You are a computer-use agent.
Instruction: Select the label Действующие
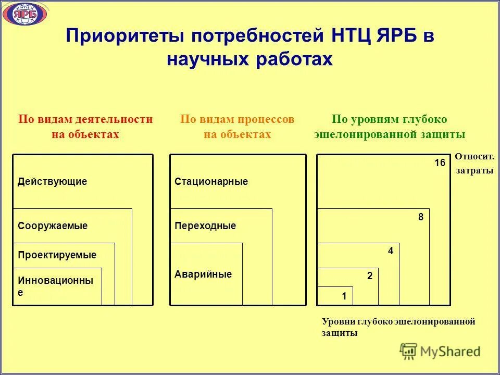click(x=52, y=182)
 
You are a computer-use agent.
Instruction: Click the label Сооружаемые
click(x=53, y=226)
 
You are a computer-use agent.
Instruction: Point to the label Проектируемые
click(x=57, y=255)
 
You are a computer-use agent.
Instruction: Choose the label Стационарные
click(x=211, y=182)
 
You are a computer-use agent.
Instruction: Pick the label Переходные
click(x=205, y=226)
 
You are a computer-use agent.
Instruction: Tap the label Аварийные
click(x=203, y=274)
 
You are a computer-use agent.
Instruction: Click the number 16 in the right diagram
click(x=440, y=163)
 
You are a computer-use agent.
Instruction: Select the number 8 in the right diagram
click(x=421, y=217)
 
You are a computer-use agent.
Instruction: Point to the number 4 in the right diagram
click(x=390, y=251)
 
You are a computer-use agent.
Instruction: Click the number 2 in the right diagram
click(x=370, y=276)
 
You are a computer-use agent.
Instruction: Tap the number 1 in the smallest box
click(x=344, y=296)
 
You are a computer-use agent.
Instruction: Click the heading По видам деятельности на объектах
click(x=85, y=127)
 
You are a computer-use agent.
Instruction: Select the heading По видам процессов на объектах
click(x=237, y=127)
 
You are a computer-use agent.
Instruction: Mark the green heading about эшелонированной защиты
click(x=389, y=127)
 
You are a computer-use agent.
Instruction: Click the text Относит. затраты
click(x=474, y=164)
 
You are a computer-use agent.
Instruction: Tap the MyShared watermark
click(x=440, y=352)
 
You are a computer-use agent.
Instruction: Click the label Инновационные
click(x=55, y=286)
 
